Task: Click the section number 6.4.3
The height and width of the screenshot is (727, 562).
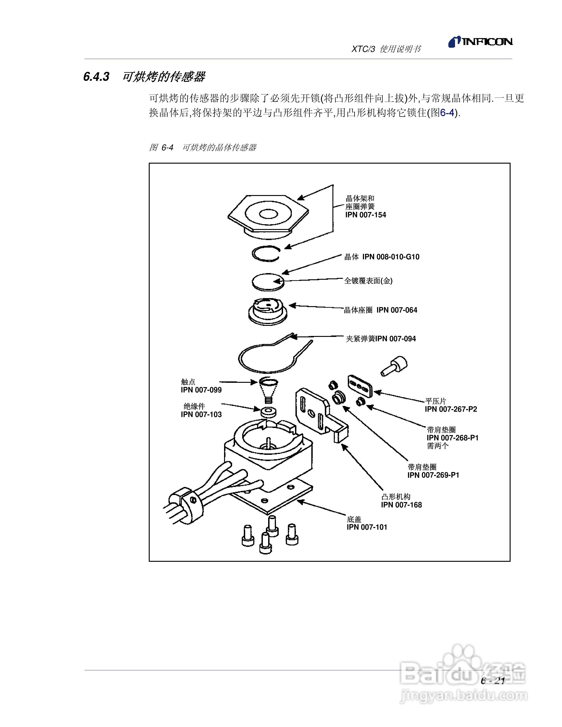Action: [96, 77]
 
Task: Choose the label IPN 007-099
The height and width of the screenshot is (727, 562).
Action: [201, 390]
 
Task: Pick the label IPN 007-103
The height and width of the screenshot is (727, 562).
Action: [201, 415]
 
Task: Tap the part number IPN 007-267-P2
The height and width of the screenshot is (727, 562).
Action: [451, 409]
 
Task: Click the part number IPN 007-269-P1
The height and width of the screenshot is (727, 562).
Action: [433, 475]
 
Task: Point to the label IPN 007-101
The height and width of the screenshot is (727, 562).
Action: [367, 527]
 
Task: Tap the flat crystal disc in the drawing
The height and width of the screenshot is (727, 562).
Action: [267, 282]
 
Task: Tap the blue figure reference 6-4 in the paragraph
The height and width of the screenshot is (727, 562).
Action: [447, 113]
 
